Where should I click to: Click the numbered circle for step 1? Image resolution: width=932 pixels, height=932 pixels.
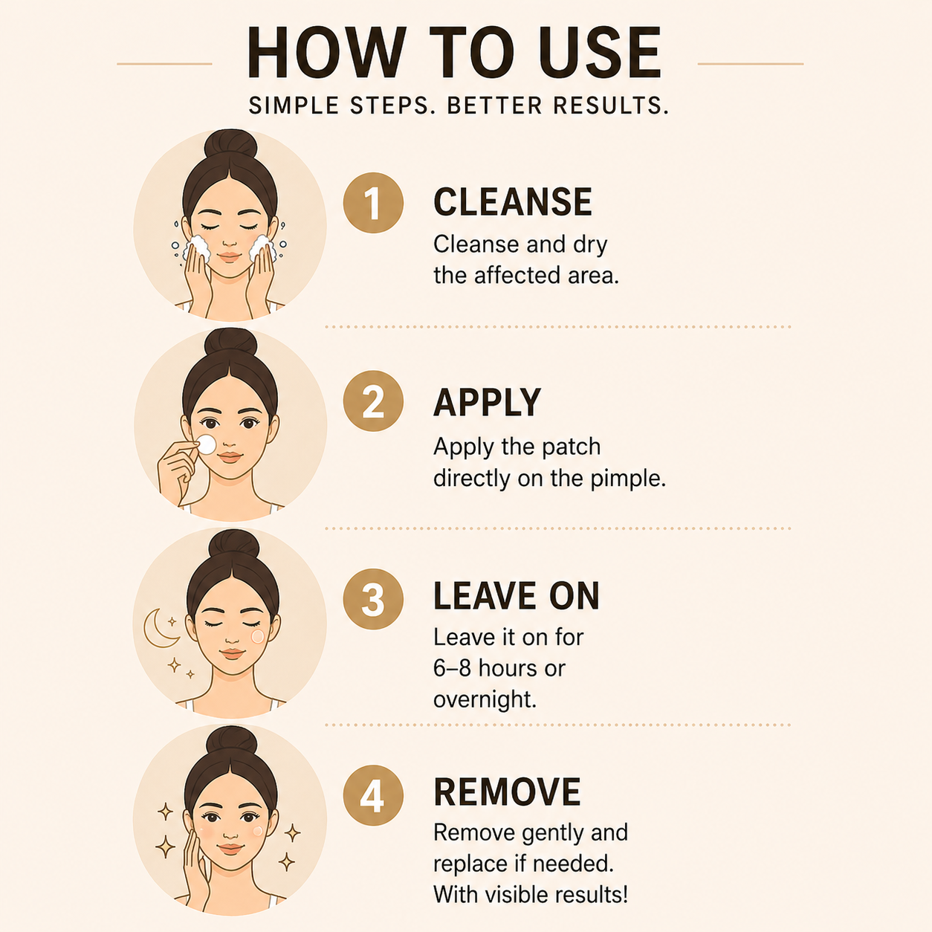(x=373, y=203)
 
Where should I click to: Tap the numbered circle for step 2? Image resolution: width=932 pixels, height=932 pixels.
(x=373, y=401)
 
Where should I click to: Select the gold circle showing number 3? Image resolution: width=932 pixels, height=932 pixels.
(x=373, y=599)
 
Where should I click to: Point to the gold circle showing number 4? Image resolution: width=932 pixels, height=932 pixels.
(x=373, y=795)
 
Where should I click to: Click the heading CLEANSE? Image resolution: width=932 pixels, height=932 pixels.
(x=513, y=201)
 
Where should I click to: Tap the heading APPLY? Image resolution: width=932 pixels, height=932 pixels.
(x=487, y=402)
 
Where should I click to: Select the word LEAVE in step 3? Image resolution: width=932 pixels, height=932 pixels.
(x=485, y=596)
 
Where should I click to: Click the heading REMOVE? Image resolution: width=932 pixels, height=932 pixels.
(x=507, y=792)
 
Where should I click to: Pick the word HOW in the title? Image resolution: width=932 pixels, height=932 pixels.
(x=326, y=52)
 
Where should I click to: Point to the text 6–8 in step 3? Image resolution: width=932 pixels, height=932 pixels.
(x=452, y=668)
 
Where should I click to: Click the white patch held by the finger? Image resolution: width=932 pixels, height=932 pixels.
(x=207, y=444)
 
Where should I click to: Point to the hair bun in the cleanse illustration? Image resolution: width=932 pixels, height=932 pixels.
(x=230, y=143)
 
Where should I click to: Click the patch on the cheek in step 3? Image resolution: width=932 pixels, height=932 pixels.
(x=258, y=636)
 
